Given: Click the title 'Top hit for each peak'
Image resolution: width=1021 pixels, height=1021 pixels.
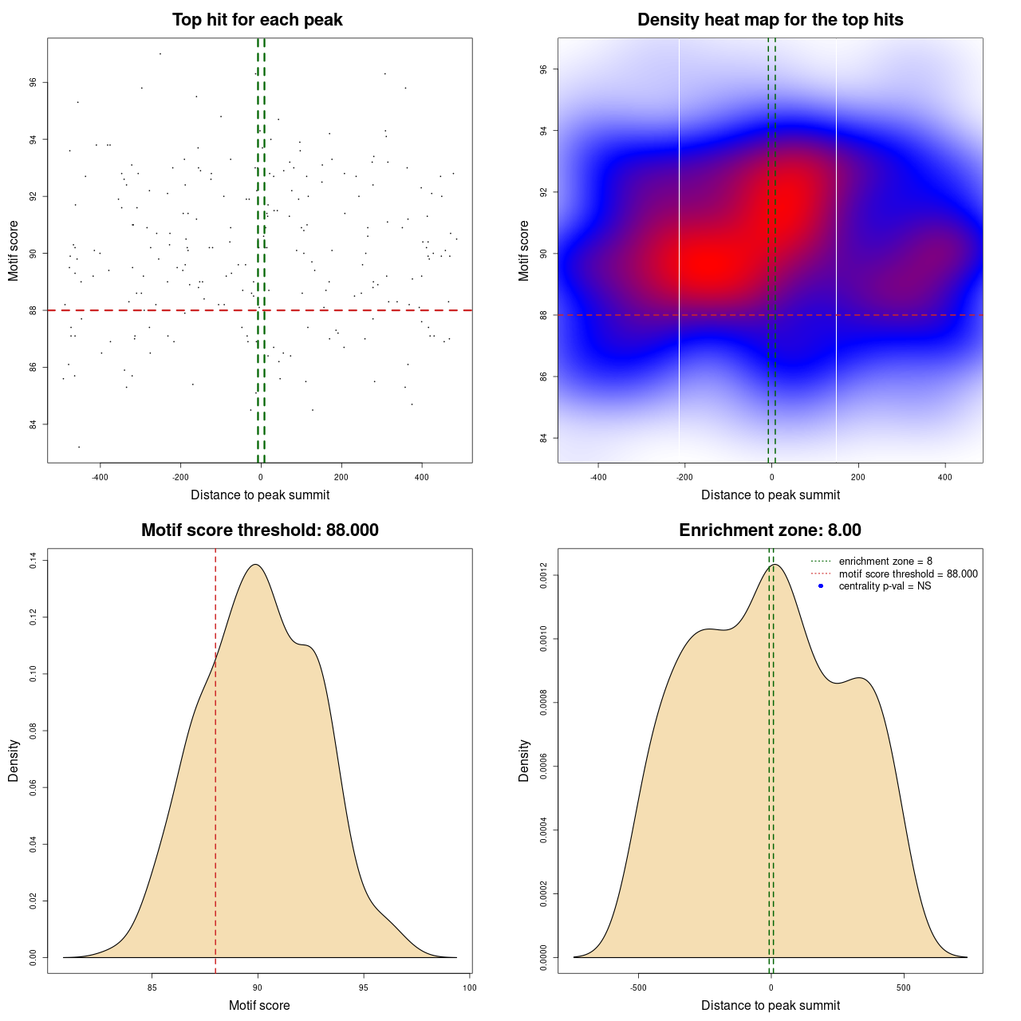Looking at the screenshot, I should tap(257, 20).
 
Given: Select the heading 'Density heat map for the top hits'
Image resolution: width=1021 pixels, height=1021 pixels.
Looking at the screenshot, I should tap(770, 20).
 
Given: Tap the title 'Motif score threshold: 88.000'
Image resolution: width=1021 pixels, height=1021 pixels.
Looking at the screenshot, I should tap(259, 530).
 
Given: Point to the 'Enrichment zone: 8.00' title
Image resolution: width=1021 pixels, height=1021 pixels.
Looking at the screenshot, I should tap(770, 530).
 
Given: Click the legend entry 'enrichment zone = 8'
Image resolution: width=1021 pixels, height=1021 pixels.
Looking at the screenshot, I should tap(885, 562).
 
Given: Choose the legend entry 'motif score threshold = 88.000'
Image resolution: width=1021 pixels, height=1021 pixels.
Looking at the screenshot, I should tap(908, 574).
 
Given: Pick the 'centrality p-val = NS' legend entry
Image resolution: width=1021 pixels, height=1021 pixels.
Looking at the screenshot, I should tap(885, 585).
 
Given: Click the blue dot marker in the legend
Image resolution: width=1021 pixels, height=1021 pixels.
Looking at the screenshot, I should tap(821, 585).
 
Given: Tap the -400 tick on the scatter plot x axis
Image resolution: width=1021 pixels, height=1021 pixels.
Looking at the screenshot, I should tap(100, 477).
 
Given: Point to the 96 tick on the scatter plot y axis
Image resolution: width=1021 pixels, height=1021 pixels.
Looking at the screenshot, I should tap(33, 82).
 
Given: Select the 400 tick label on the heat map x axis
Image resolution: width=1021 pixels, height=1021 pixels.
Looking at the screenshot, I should tap(945, 477).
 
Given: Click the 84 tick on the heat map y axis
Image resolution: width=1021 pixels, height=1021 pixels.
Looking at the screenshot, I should tap(543, 438).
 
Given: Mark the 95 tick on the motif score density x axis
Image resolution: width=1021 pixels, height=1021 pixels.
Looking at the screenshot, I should tap(364, 987).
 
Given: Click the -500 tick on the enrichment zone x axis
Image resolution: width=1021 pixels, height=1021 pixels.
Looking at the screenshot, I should tap(638, 987).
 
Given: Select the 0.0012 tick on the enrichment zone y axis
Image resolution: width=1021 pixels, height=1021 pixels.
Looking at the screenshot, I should tap(543, 575).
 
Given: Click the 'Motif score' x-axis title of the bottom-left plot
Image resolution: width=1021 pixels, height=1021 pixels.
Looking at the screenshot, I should tap(259, 1005).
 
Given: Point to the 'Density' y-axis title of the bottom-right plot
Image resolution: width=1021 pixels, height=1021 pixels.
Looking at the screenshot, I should tap(524, 760).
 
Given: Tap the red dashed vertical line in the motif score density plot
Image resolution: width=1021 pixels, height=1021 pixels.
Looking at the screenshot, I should tap(215, 758).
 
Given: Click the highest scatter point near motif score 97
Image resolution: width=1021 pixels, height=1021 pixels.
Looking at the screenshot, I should tap(160, 53).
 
